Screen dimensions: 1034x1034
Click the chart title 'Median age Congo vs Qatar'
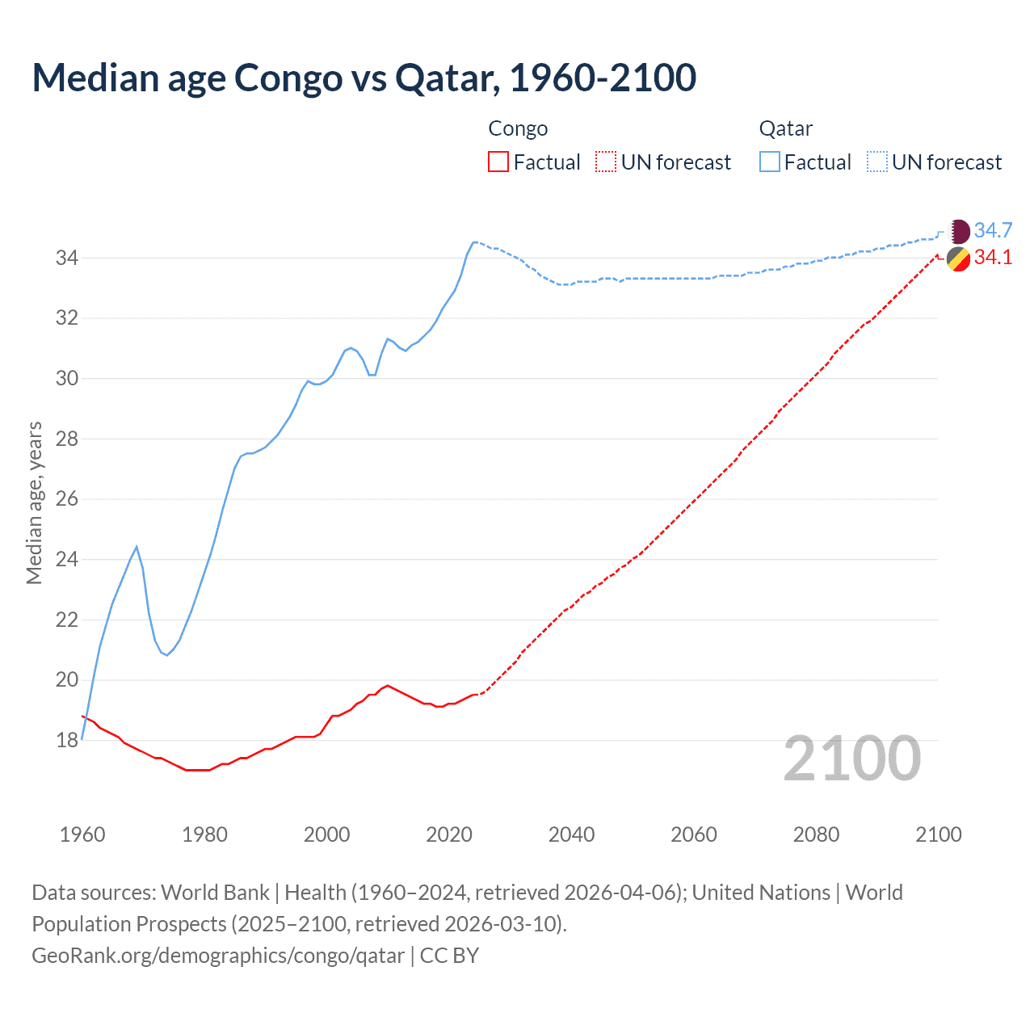tap(364, 78)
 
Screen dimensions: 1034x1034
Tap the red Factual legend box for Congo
tap(498, 162)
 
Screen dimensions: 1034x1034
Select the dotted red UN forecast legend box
tap(606, 162)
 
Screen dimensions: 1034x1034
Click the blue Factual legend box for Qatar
tap(770, 162)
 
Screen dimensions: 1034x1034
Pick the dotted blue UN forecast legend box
tap(877, 162)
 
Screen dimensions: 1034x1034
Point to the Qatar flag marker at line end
tap(958, 231)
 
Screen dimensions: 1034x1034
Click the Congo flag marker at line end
tap(958, 259)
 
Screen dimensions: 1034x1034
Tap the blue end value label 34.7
tap(993, 231)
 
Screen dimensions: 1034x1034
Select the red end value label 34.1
tap(993, 258)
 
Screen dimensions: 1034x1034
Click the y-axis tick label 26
tap(66, 499)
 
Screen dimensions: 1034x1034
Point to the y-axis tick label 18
tap(66, 741)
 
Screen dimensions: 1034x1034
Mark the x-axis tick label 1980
tap(204, 834)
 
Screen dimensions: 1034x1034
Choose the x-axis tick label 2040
tap(571, 834)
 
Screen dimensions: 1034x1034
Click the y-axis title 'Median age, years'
tap(34, 502)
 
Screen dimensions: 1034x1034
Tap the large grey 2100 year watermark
tap(851, 759)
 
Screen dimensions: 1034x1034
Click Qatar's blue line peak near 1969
tap(137, 547)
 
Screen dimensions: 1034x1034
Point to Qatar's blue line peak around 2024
tap(474, 242)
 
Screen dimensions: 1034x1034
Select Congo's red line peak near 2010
tap(388, 685)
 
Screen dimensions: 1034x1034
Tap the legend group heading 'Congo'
tap(518, 128)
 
